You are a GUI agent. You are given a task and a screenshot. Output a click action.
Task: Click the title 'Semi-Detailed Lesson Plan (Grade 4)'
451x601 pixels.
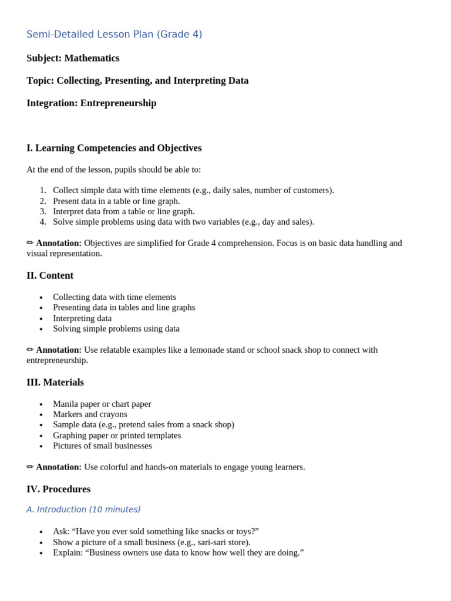[x=114, y=35]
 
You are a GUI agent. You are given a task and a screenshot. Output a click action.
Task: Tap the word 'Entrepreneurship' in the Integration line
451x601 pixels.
[x=118, y=103]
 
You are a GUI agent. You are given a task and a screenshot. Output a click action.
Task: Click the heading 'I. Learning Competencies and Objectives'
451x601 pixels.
[x=114, y=148]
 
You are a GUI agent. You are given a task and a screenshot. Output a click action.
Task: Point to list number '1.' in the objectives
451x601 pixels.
[x=43, y=190]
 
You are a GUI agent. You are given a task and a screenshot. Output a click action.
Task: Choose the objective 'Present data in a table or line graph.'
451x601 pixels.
[x=116, y=201]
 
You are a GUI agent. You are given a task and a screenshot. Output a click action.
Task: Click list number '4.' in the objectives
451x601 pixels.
[x=43, y=222]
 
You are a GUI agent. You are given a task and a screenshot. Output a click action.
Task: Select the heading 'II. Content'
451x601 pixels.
[x=50, y=276]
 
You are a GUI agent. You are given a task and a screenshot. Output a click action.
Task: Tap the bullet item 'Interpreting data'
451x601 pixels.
[x=82, y=318]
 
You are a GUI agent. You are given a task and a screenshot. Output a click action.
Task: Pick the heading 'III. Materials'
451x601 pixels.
[x=55, y=383]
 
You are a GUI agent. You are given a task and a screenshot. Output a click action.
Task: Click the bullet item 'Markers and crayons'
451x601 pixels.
[x=90, y=414]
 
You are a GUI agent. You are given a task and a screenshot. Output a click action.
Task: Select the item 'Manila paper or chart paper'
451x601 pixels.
[x=102, y=404]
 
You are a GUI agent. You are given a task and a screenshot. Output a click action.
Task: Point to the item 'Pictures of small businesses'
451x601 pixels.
[x=102, y=446]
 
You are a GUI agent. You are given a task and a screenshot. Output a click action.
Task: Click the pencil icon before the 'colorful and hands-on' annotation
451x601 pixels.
[x=30, y=467]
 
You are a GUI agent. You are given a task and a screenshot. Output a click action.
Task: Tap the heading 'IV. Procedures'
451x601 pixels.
[x=58, y=489]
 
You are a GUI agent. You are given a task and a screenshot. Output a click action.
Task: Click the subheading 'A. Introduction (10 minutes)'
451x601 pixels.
[x=83, y=509]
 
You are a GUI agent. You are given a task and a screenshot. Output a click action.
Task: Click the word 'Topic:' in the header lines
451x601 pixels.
[x=40, y=81]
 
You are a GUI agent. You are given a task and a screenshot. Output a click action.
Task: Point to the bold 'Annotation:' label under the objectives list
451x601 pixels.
[x=59, y=243]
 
